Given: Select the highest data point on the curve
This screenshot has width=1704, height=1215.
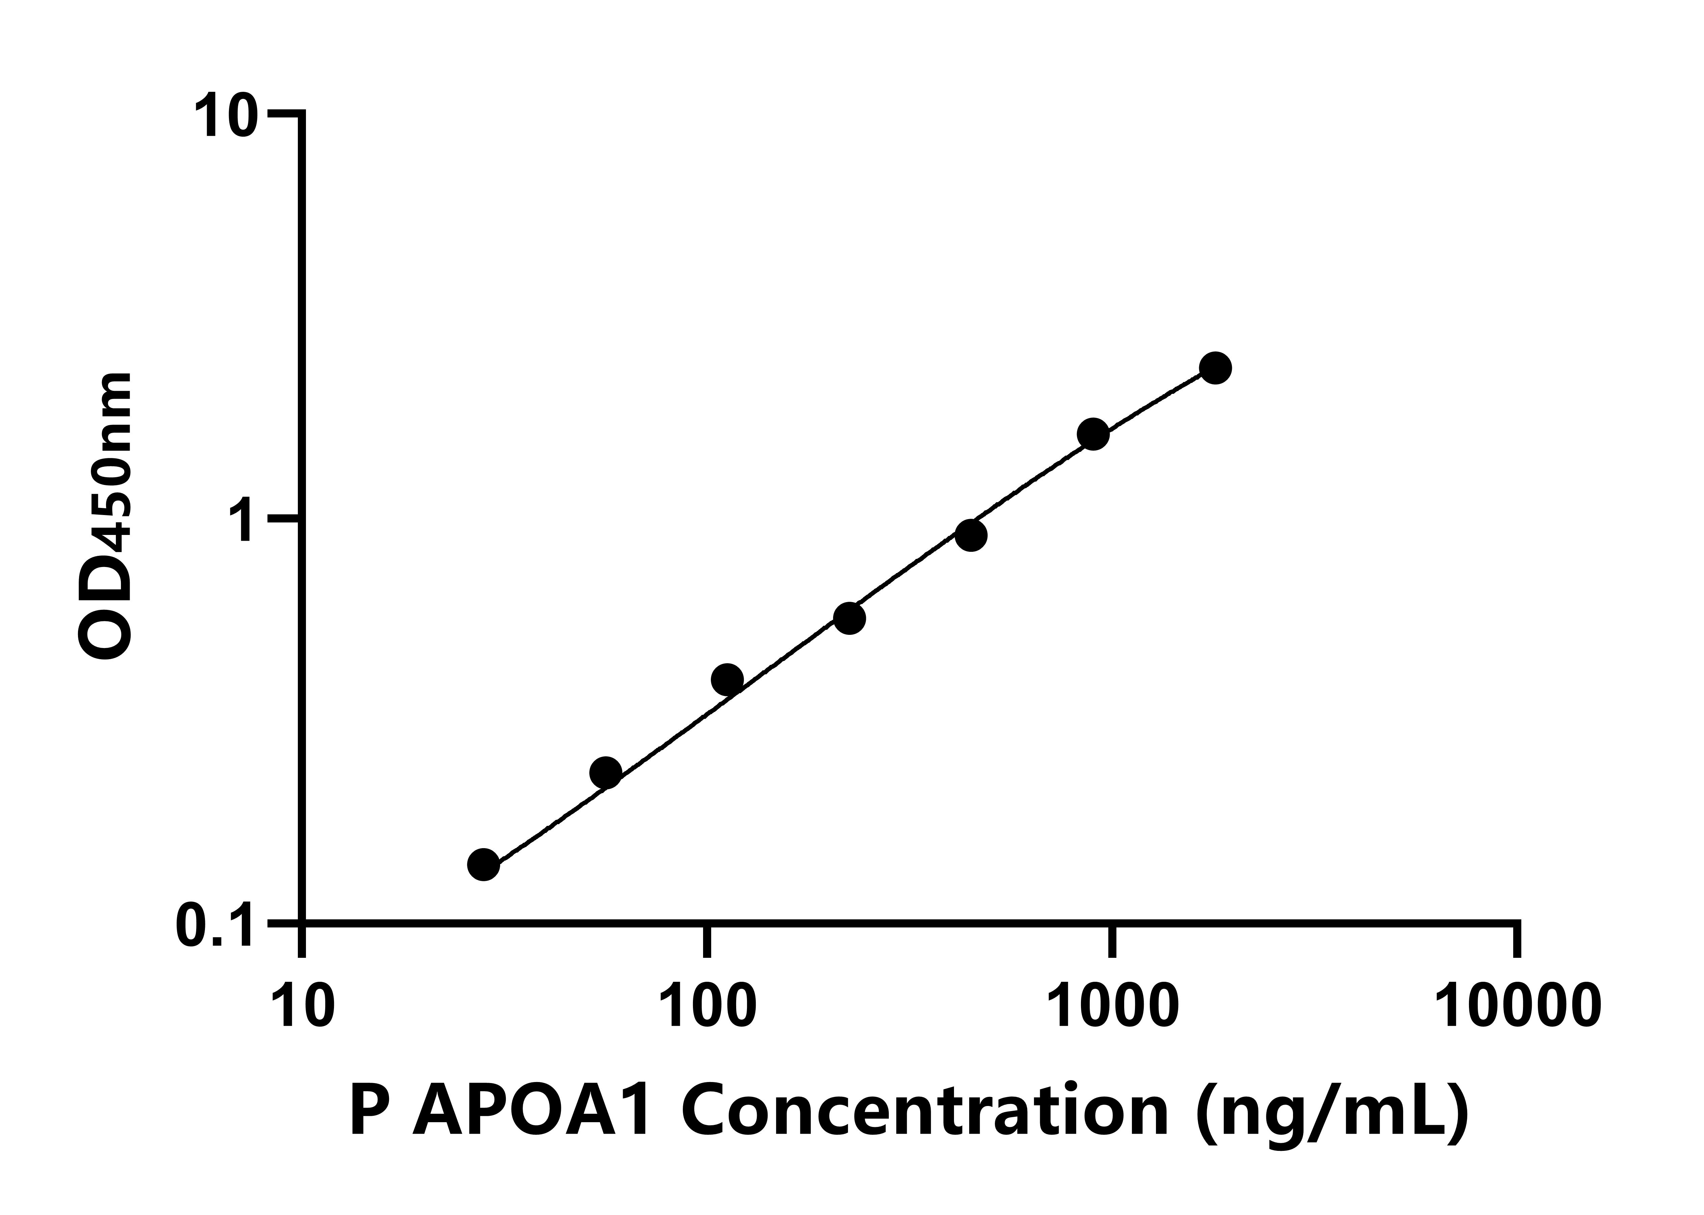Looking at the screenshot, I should [1215, 367].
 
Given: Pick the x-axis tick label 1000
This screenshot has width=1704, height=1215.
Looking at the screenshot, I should [1113, 1006].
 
